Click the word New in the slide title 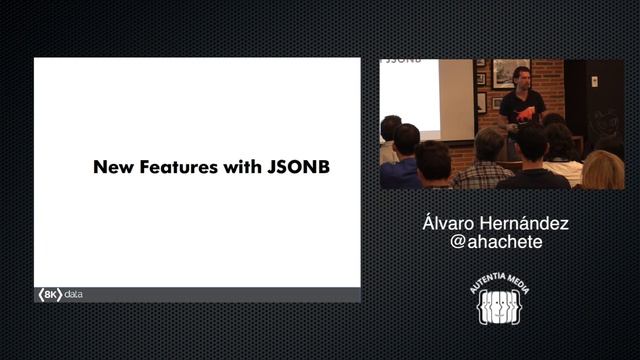coord(111,167)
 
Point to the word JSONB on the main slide coord(298,167)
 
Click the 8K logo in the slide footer coord(49,295)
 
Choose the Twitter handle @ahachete coord(497,242)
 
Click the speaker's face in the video coord(520,76)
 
